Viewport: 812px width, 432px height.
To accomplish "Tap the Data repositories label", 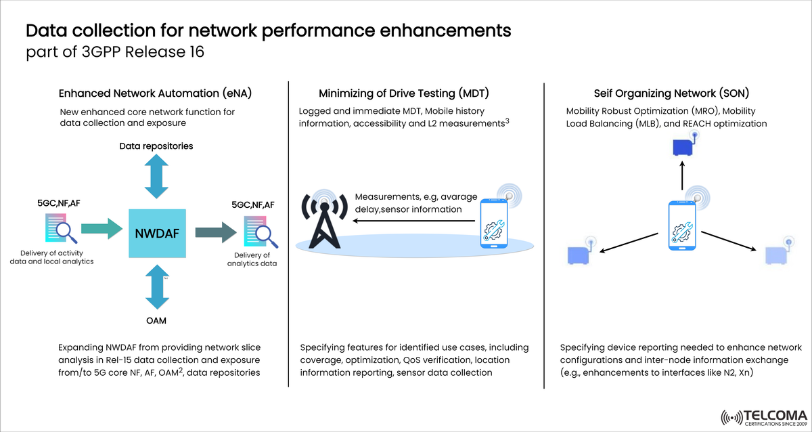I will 156,146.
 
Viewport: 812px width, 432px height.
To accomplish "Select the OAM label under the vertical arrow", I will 156,320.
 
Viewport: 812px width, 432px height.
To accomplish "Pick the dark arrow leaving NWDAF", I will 215,233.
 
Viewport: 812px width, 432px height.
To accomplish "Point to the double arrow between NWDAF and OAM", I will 156,288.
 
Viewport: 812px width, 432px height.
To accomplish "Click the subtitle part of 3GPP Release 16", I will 115,52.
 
